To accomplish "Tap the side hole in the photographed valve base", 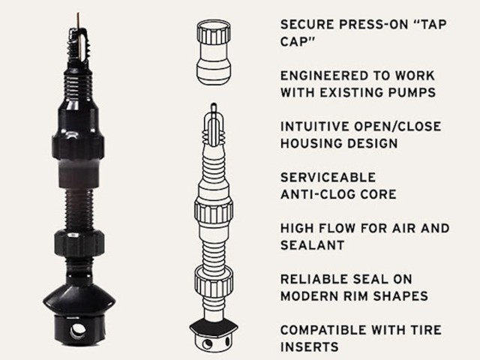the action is (x=78, y=331).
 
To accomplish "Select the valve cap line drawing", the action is (x=214, y=52).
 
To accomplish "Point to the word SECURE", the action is (x=307, y=25).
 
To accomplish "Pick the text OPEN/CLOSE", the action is (x=397, y=127).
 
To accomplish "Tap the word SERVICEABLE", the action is (x=328, y=178).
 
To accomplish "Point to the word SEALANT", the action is (x=313, y=245).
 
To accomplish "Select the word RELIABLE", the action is (x=313, y=279).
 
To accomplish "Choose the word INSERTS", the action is (x=310, y=347).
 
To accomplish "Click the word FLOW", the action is (x=337, y=228).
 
